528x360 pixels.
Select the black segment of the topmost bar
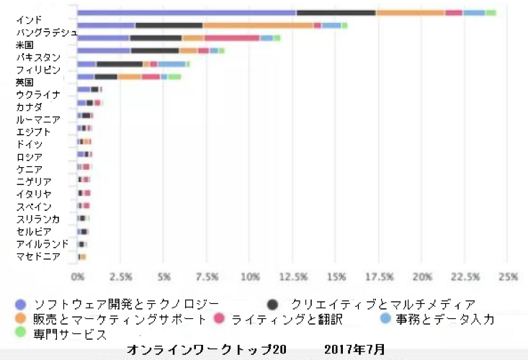336,12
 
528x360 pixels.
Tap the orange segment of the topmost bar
410,12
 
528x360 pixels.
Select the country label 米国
24,45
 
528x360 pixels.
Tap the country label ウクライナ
37,95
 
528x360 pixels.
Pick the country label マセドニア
37,256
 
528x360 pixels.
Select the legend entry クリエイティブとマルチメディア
382,303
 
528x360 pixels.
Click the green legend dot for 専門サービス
20,333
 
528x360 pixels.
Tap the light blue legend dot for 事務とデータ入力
386,318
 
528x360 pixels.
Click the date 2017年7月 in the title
354,349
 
